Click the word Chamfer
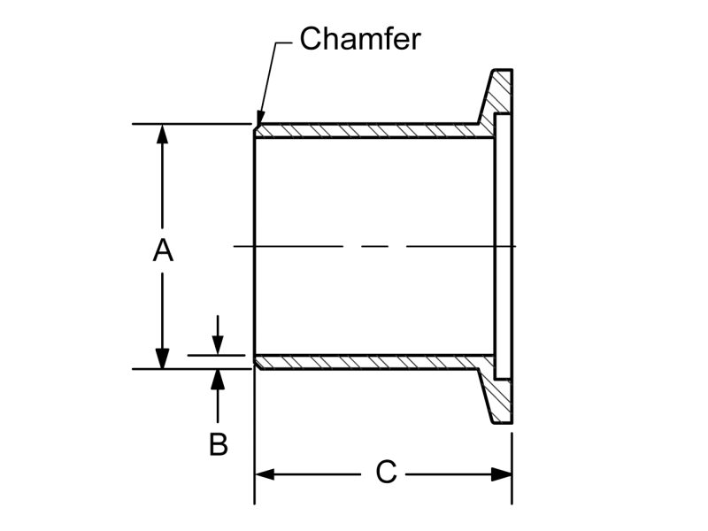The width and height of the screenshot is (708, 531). [x=359, y=39]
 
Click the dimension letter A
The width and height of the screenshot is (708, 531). [x=163, y=250]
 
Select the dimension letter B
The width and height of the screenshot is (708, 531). [x=219, y=444]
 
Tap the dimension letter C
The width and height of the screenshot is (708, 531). [x=386, y=473]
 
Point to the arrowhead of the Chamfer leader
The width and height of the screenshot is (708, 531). [x=259, y=119]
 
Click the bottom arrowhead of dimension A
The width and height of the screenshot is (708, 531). [x=163, y=358]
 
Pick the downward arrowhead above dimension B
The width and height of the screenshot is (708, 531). [x=219, y=346]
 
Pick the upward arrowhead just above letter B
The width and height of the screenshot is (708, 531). [x=219, y=379]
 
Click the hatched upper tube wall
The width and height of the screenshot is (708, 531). [x=372, y=131]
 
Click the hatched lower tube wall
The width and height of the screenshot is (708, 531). [x=372, y=362]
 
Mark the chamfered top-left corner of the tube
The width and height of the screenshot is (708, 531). [x=257, y=127]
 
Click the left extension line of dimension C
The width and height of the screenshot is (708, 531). [x=255, y=442]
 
